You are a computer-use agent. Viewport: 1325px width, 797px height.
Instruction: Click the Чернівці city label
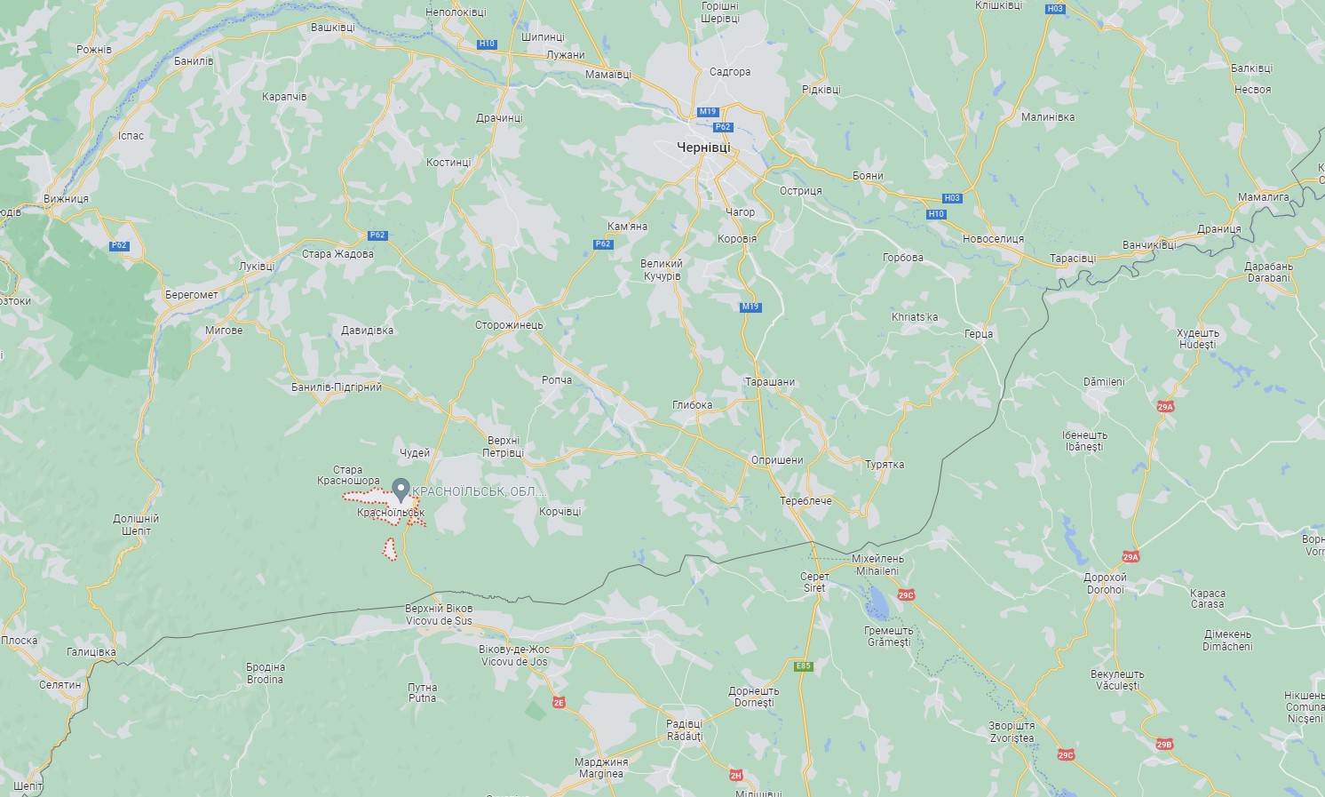point(703,147)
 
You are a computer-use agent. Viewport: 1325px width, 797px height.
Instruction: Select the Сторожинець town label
point(509,325)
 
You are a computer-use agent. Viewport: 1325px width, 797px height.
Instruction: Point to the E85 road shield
point(804,665)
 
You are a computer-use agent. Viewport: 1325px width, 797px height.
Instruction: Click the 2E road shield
point(559,702)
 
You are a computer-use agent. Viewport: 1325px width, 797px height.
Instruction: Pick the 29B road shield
point(1164,745)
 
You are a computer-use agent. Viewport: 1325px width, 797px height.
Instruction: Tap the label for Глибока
point(692,405)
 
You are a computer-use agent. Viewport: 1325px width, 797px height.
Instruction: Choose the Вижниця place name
point(67,199)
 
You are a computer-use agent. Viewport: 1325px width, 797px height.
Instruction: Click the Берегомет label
point(192,295)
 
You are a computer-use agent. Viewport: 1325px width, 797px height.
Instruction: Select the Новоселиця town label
point(993,239)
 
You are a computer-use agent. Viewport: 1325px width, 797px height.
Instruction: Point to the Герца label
point(979,334)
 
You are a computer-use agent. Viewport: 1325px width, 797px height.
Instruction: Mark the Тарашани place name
point(770,382)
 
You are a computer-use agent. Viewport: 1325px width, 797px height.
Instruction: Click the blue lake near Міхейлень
point(877,604)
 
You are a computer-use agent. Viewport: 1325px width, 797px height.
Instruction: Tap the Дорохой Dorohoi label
point(1105,584)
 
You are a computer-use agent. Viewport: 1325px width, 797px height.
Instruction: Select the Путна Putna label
point(423,692)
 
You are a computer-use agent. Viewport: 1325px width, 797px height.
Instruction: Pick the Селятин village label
point(60,685)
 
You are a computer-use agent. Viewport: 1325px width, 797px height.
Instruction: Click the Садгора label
point(730,72)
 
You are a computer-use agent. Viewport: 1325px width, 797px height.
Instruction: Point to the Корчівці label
point(559,512)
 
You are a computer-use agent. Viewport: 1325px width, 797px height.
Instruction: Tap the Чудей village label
point(415,453)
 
